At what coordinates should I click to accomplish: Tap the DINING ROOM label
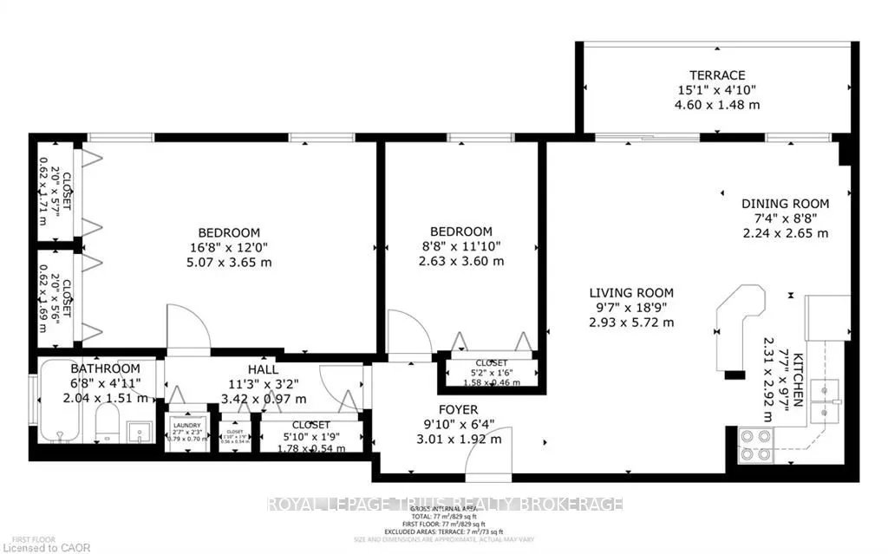click(x=785, y=204)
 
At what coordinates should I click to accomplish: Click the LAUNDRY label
click(x=186, y=425)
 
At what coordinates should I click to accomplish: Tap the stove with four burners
click(x=755, y=444)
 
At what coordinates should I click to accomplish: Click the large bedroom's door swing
click(x=187, y=328)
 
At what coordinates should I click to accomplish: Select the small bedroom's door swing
click(x=408, y=335)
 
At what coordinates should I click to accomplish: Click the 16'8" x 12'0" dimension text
click(x=230, y=247)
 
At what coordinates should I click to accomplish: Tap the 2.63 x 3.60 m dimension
click(x=461, y=261)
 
